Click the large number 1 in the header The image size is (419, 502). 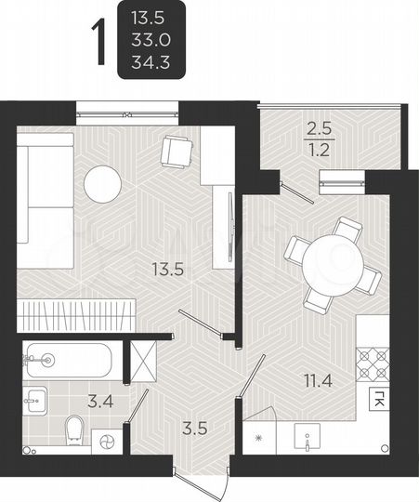97,41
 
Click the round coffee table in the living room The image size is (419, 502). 102,183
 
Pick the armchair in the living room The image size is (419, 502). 177,152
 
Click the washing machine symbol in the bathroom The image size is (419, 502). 106,442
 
